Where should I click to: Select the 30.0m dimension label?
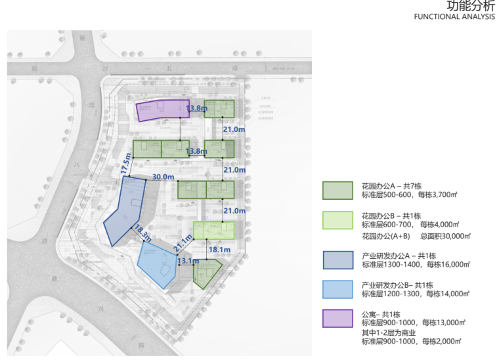pos(163,177)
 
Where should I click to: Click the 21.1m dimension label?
pos(183,244)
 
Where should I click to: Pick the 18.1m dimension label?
pos(219,250)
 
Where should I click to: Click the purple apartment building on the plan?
pos(158,110)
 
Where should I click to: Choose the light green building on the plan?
pos(214,229)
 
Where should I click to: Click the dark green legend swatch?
pos(337,191)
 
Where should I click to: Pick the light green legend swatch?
pos(337,220)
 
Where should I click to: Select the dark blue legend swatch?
pos(337,259)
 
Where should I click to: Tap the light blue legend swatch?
pos(337,289)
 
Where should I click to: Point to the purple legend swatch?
pos(337,318)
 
